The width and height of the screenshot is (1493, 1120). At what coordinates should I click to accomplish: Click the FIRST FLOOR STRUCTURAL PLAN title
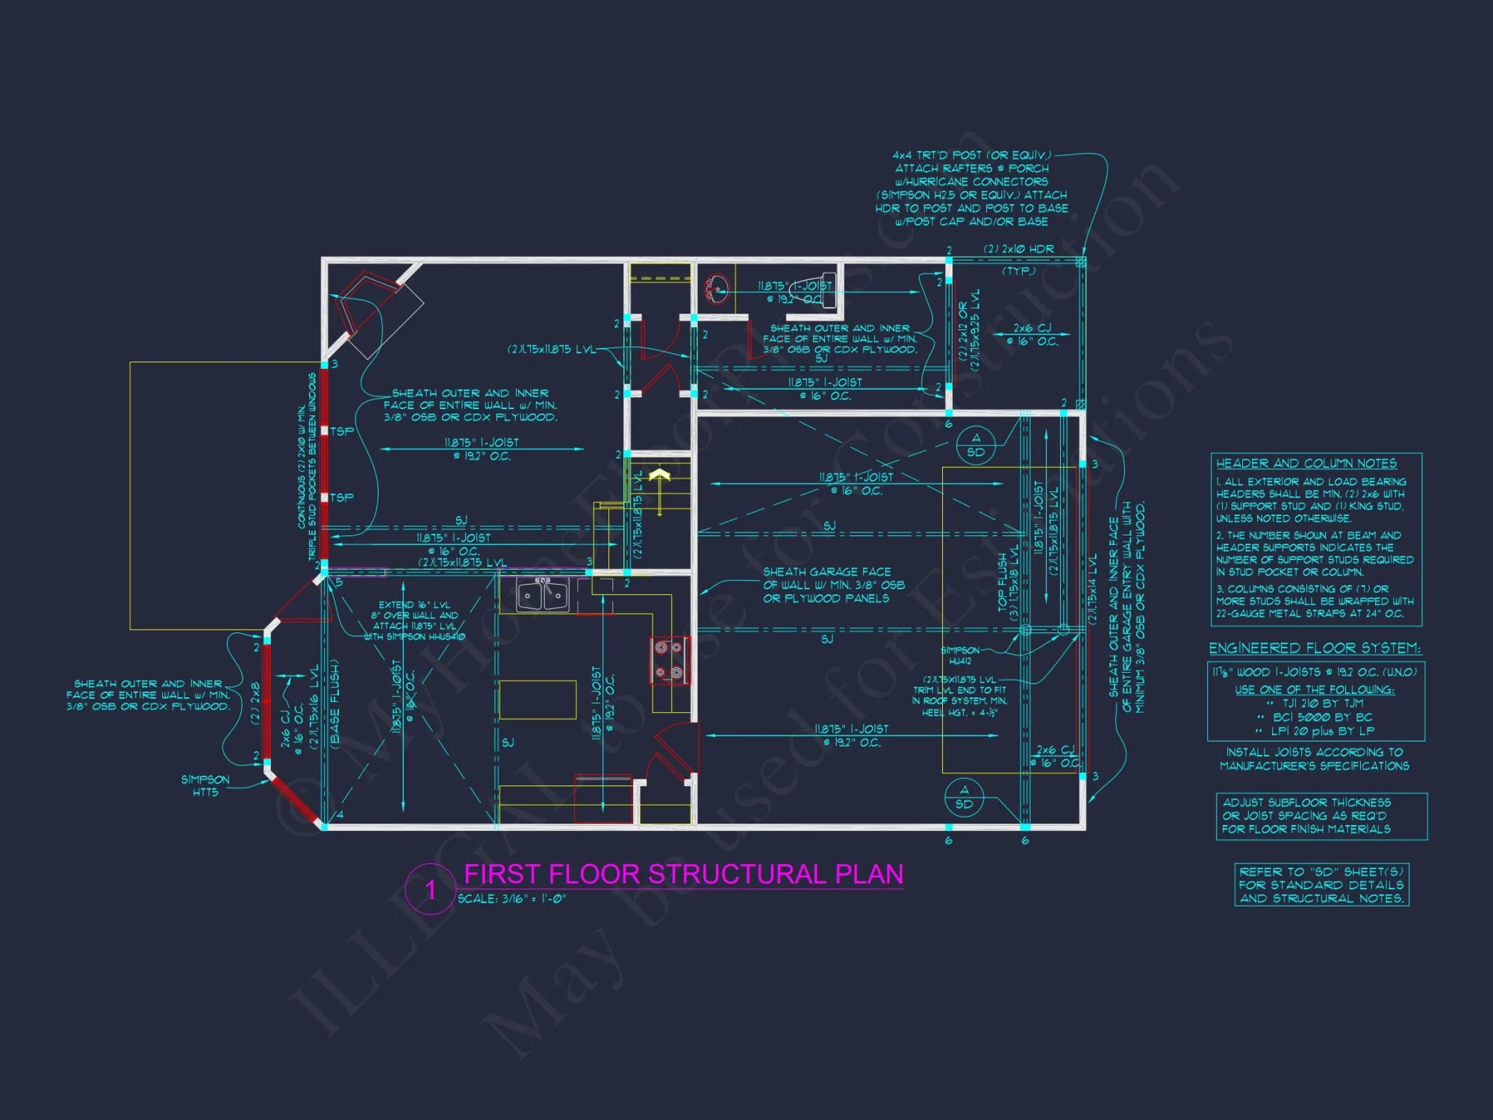point(683,874)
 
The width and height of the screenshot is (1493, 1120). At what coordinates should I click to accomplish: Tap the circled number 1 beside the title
point(430,889)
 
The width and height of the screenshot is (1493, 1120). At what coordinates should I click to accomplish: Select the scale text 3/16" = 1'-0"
point(512,899)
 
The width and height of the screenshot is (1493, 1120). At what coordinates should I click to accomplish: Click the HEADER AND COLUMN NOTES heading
point(1306,463)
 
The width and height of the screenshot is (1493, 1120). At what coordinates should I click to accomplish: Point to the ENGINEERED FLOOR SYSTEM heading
point(1315,648)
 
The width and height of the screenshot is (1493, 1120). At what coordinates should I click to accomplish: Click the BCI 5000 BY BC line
point(1322,717)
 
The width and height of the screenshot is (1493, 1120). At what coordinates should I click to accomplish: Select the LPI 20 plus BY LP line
point(1322,731)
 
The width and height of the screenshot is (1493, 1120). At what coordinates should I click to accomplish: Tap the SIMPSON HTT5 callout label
point(205,785)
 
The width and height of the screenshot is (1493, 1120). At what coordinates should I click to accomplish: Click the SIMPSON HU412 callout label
point(960,656)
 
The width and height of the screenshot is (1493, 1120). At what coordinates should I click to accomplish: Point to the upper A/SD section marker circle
point(975,445)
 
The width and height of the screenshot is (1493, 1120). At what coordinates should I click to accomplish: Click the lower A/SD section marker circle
point(964,797)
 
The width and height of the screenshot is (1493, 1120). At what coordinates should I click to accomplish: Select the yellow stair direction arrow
point(659,489)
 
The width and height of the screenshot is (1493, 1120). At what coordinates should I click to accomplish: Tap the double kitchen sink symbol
point(543,595)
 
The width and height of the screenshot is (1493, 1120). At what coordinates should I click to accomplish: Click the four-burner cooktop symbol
point(669,660)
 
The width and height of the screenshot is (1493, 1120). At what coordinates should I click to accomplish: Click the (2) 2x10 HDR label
point(1018,249)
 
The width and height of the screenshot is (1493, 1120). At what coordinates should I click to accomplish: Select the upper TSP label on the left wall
point(342,432)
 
